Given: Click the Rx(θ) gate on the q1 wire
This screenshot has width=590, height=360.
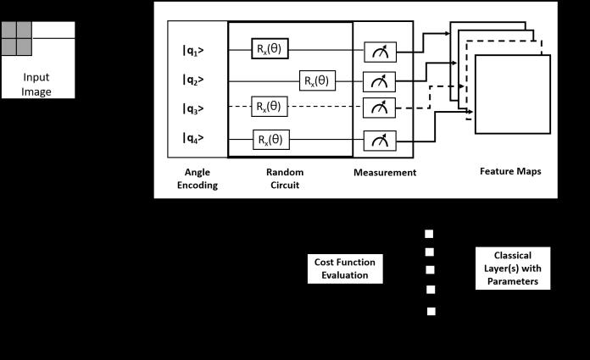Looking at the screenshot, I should coord(270,49).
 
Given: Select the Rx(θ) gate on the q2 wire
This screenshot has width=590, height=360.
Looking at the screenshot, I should coord(318,80).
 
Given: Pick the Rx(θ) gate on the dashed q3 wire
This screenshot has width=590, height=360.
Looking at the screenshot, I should coord(270,108).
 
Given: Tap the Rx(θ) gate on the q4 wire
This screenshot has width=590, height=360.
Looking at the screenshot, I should coord(270,139).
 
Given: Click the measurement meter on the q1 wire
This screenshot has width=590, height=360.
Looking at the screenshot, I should coord(379,53).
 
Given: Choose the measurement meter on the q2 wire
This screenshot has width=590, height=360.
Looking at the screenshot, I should coord(379,81).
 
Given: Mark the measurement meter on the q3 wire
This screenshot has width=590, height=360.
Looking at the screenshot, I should coord(379,108).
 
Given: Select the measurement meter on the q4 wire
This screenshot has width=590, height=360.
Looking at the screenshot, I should coord(379,140).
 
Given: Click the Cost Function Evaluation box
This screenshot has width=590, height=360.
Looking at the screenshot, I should coord(344,269).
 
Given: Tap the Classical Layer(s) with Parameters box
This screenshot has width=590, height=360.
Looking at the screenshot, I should coord(512,268).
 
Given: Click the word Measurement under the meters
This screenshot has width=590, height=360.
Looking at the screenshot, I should coord(385,172).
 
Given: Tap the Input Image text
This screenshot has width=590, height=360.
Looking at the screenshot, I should coord(37,83).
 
